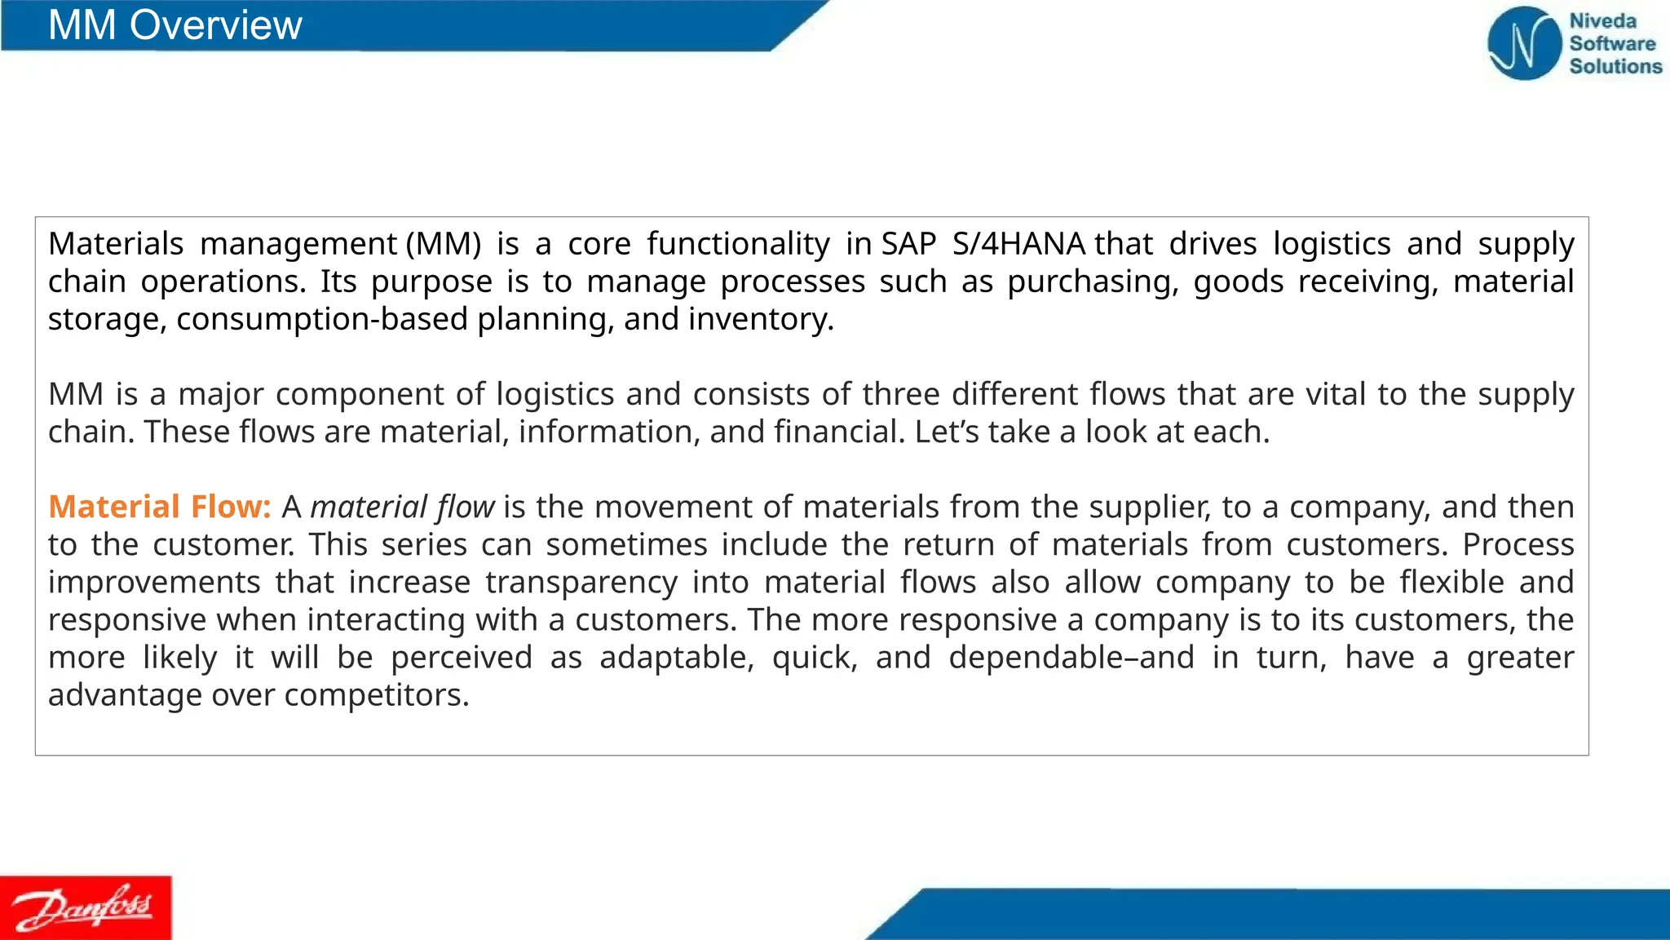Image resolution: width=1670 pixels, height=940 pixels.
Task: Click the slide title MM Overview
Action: (175, 25)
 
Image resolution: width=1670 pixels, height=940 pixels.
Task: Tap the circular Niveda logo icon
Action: (1523, 43)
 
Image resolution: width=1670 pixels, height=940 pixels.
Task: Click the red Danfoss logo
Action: (86, 907)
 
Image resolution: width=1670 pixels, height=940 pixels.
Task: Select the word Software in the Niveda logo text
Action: (1612, 44)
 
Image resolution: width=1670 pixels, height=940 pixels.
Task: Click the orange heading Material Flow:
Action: (160, 507)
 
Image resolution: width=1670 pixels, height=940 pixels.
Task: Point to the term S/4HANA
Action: (1018, 244)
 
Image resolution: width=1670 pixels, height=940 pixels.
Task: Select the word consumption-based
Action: (322, 319)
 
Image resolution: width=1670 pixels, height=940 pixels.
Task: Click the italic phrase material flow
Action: (402, 507)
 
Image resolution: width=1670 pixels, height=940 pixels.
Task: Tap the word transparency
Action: (581, 583)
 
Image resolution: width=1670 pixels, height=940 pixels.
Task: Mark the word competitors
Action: (376, 695)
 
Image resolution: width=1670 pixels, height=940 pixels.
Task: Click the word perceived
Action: (462, 658)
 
